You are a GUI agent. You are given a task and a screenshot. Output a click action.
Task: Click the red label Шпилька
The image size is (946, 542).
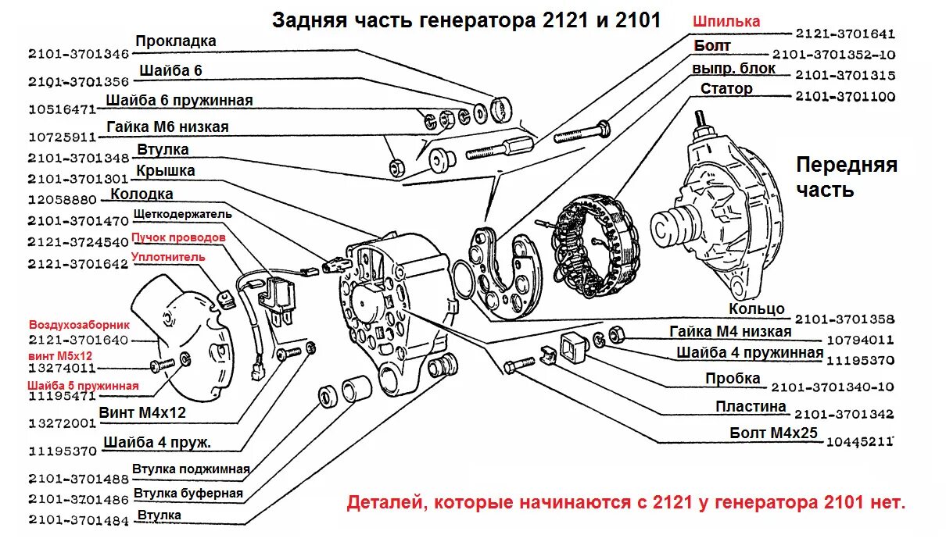point(727,22)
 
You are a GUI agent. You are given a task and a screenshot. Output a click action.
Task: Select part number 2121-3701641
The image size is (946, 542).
point(845,34)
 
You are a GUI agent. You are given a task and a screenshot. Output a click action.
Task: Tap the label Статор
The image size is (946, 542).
point(726,88)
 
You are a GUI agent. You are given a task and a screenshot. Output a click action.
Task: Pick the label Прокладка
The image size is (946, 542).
point(175,41)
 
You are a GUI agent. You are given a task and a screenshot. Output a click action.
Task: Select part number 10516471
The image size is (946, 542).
point(62,109)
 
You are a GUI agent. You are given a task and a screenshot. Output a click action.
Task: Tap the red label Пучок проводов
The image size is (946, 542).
point(178,237)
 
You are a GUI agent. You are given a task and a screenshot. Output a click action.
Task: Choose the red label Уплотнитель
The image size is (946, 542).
point(168,256)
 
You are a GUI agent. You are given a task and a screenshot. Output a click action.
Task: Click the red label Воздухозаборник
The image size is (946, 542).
point(79,324)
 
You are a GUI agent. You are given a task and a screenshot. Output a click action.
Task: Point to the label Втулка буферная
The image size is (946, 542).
point(188,493)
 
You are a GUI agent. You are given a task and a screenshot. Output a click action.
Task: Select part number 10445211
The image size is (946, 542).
point(860,442)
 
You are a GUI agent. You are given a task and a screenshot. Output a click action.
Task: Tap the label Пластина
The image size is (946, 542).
point(751,406)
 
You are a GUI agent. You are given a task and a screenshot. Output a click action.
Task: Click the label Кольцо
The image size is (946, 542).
point(756,309)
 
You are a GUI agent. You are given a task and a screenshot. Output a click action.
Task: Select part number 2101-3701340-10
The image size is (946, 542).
point(833,387)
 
